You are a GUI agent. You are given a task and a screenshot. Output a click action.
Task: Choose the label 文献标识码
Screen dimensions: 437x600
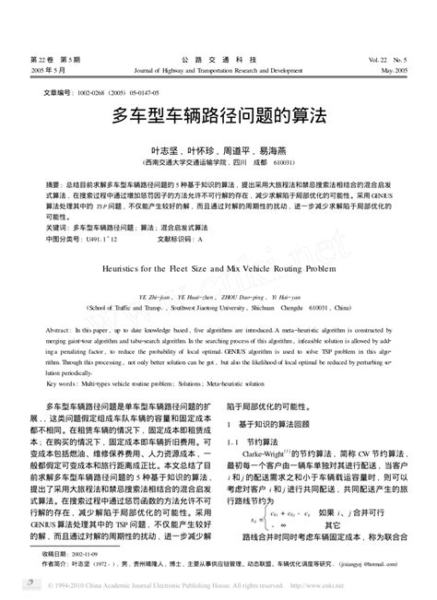(x=176, y=237)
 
